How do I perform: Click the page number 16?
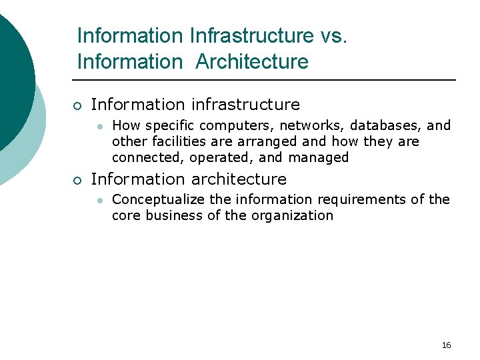(446, 345)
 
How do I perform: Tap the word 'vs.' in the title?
(334, 35)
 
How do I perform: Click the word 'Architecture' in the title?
(252, 62)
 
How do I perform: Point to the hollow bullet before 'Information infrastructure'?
(77, 105)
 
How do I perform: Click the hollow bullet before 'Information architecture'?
(77, 180)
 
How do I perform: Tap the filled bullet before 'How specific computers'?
(99, 125)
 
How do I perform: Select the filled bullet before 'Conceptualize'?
(99, 199)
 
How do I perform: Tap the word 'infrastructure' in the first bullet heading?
(245, 105)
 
